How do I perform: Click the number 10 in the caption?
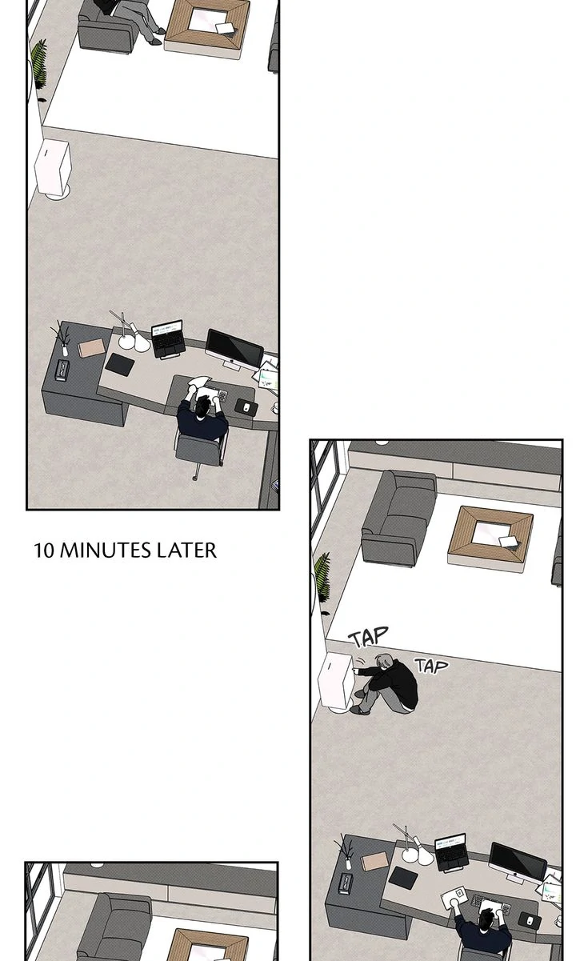(44, 550)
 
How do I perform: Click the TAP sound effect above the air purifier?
(369, 637)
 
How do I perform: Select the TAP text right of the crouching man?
(431, 666)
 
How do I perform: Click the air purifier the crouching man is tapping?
(337, 682)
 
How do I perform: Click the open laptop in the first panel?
(169, 338)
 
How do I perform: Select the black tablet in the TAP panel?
(403, 877)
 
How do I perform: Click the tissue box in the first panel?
(62, 370)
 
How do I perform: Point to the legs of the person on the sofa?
(144, 22)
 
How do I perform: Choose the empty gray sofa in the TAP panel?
(398, 518)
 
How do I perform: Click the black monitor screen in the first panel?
(234, 348)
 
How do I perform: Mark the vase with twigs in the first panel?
(62, 338)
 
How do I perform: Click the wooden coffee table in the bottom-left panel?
(207, 944)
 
